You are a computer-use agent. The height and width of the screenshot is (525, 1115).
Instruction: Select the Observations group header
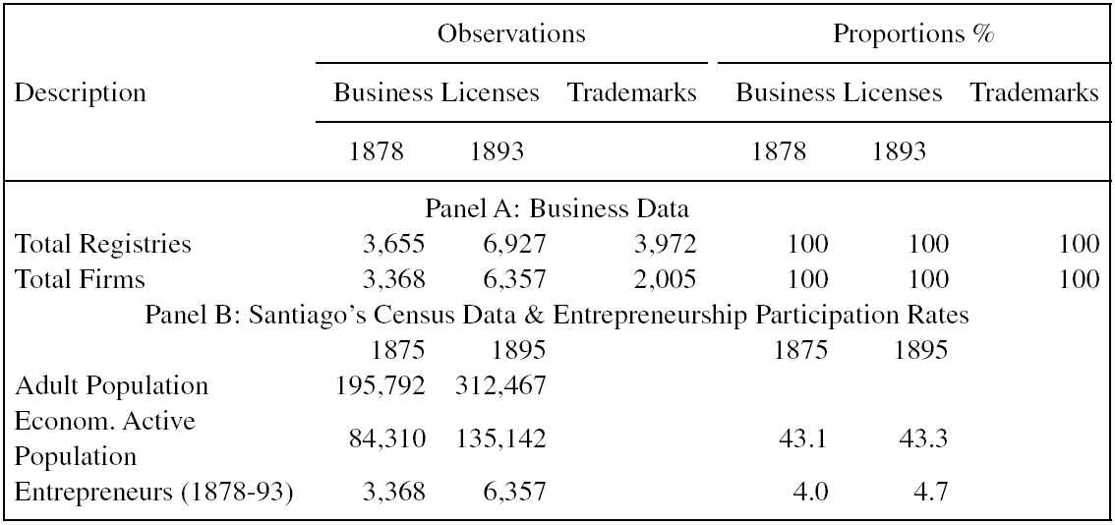tap(511, 34)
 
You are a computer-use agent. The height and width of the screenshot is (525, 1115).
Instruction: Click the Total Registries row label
tap(102, 244)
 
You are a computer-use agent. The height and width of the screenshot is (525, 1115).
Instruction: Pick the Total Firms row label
tap(80, 279)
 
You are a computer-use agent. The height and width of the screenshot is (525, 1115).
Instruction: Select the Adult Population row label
tap(112, 384)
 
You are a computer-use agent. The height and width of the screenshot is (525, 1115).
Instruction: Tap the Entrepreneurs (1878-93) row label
tap(154, 491)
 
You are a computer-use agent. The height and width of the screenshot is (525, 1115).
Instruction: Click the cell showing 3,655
tap(393, 244)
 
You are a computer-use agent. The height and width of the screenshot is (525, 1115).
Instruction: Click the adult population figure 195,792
tap(381, 384)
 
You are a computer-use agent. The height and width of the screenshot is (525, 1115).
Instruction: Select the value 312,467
tap(499, 384)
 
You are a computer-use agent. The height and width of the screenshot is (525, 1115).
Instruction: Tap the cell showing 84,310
tap(385, 437)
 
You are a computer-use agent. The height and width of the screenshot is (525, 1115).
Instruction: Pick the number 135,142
tap(499, 437)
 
